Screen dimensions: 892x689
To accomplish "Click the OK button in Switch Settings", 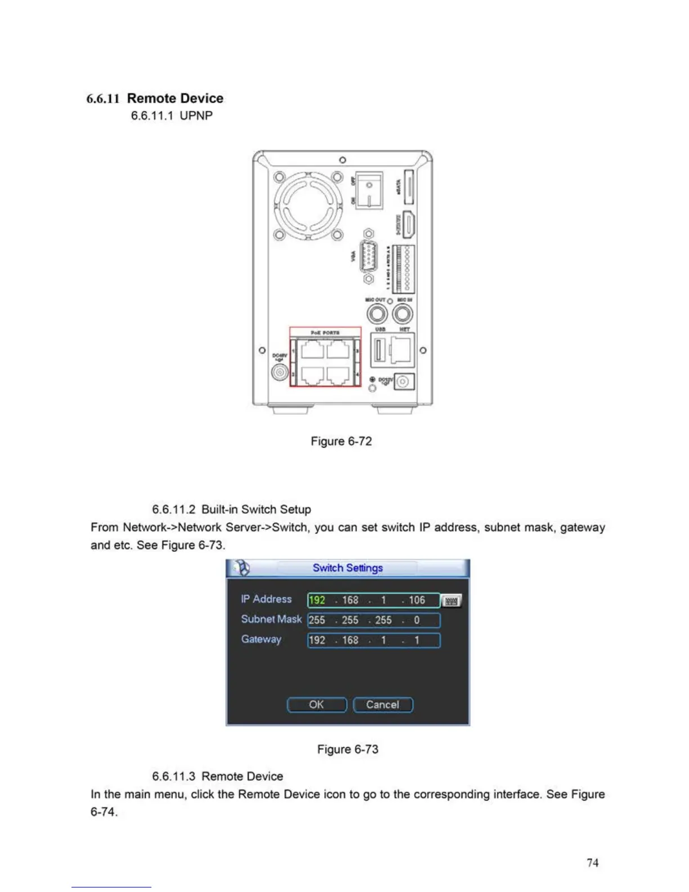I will point(316,704).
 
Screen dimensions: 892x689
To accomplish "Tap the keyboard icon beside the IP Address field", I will point(451,601).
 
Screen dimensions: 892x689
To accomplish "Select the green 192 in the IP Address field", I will point(317,600).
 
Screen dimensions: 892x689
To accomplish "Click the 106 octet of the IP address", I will point(417,600).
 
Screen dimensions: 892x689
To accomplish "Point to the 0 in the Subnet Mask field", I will point(417,620).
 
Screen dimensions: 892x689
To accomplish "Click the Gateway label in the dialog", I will point(261,639).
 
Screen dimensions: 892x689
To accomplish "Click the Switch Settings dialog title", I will point(347,568).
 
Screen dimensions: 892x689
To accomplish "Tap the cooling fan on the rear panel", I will point(308,206).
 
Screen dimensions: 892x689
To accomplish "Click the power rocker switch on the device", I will point(369,190).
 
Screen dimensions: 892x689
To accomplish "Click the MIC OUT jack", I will point(377,314).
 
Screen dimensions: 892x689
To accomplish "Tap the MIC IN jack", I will point(402,314).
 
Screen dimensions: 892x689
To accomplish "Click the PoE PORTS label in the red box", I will point(325,333).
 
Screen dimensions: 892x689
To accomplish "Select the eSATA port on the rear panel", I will point(409,186).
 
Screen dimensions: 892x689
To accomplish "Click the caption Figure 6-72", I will point(341,441).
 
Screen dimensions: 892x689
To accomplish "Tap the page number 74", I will point(592,862).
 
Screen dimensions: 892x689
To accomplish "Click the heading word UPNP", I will point(196,115).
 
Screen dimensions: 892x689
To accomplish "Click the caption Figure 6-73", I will point(347,749).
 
